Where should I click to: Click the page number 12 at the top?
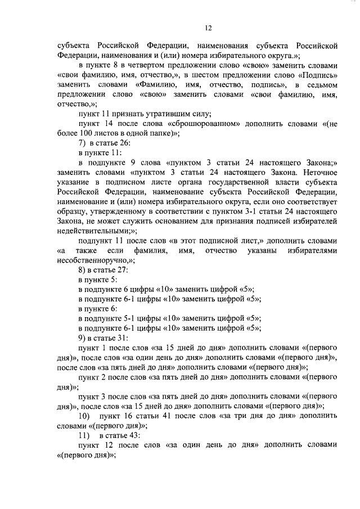point(208,28)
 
